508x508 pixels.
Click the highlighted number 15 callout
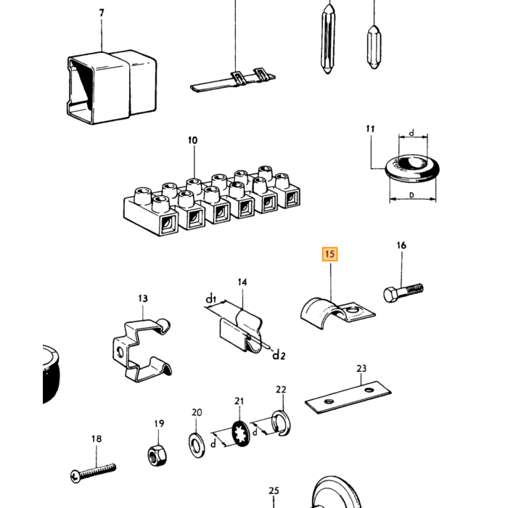pos(329,254)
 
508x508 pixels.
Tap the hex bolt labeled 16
pos(403,292)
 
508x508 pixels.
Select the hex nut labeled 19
pos(157,455)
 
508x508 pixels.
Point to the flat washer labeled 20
pos(197,444)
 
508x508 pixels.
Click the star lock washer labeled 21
pos(241,433)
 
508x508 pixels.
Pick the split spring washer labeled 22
pos(282,423)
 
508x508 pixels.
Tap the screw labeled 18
pos(94,472)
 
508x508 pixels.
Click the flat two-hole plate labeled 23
pos(348,397)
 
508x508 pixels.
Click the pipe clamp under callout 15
pos(337,313)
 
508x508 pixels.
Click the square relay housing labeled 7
pos(112,87)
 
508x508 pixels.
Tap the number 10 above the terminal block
pos(192,140)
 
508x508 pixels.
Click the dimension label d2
pos(279,355)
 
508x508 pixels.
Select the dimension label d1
pos(211,298)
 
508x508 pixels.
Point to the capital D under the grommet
pos(411,195)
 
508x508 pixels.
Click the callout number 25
pos(274,491)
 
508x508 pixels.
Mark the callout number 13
pos(143,298)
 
